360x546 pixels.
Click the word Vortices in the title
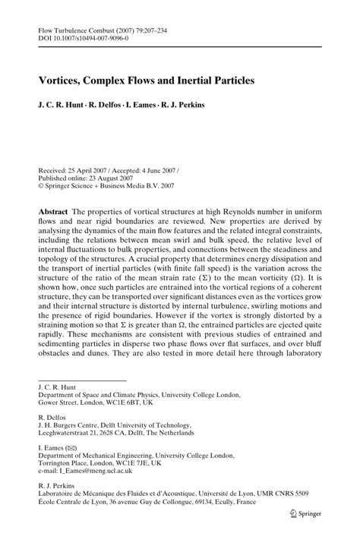pyautogui.click(x=65, y=77)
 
